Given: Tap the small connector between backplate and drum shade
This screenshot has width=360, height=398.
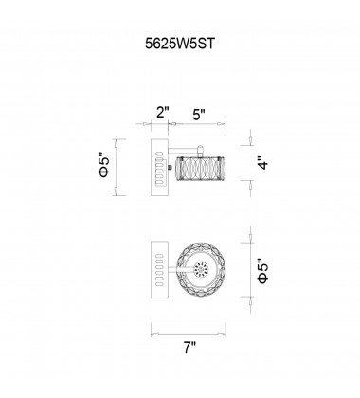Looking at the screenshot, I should click(171, 167).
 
